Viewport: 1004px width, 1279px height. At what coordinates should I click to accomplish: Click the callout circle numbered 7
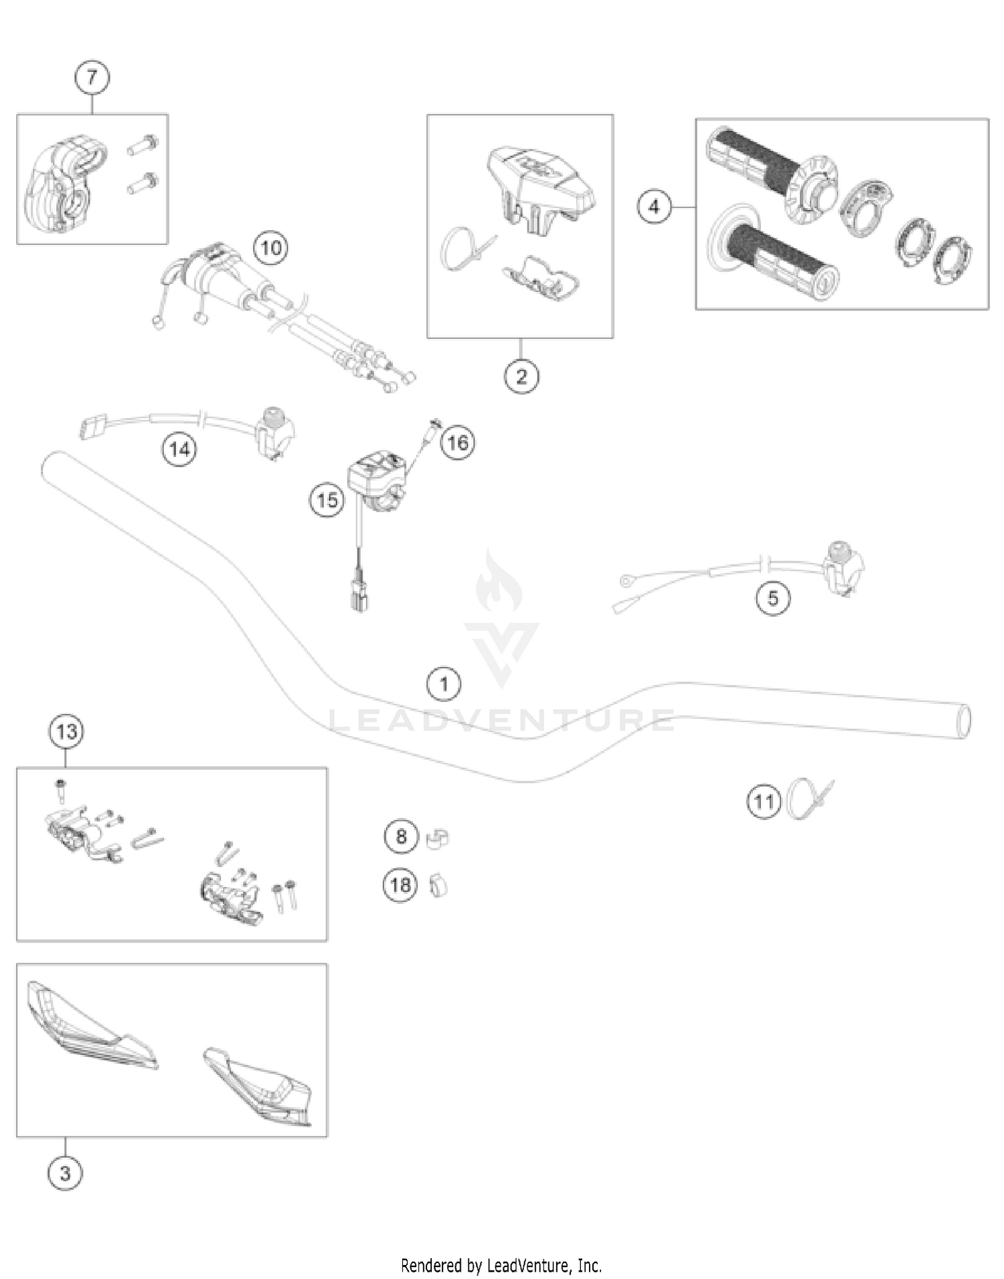[x=92, y=77]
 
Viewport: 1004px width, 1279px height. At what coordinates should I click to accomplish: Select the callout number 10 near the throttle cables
[x=270, y=248]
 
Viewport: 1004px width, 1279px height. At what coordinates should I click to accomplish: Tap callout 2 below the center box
[x=521, y=376]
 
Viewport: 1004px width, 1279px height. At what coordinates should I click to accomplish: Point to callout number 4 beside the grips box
[x=654, y=207]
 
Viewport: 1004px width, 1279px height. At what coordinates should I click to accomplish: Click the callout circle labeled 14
[x=179, y=449]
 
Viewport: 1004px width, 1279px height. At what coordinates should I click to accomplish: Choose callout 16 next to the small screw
[x=458, y=442]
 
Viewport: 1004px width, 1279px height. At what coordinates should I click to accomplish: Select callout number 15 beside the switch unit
[x=327, y=500]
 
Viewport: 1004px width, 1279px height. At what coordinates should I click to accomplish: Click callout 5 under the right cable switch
[x=773, y=597]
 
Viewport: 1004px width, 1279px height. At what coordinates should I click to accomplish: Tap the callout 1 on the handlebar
[x=444, y=684]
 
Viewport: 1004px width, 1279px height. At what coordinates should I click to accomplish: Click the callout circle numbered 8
[x=401, y=836]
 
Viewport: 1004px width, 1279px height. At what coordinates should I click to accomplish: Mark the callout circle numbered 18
[x=400, y=885]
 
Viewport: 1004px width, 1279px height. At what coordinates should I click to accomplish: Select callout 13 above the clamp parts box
[x=66, y=731]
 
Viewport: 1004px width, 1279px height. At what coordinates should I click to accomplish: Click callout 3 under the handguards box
[x=65, y=1173]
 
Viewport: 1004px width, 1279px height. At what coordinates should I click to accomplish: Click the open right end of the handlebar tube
[x=964, y=721]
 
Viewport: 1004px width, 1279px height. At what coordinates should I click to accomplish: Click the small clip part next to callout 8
[x=437, y=838]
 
